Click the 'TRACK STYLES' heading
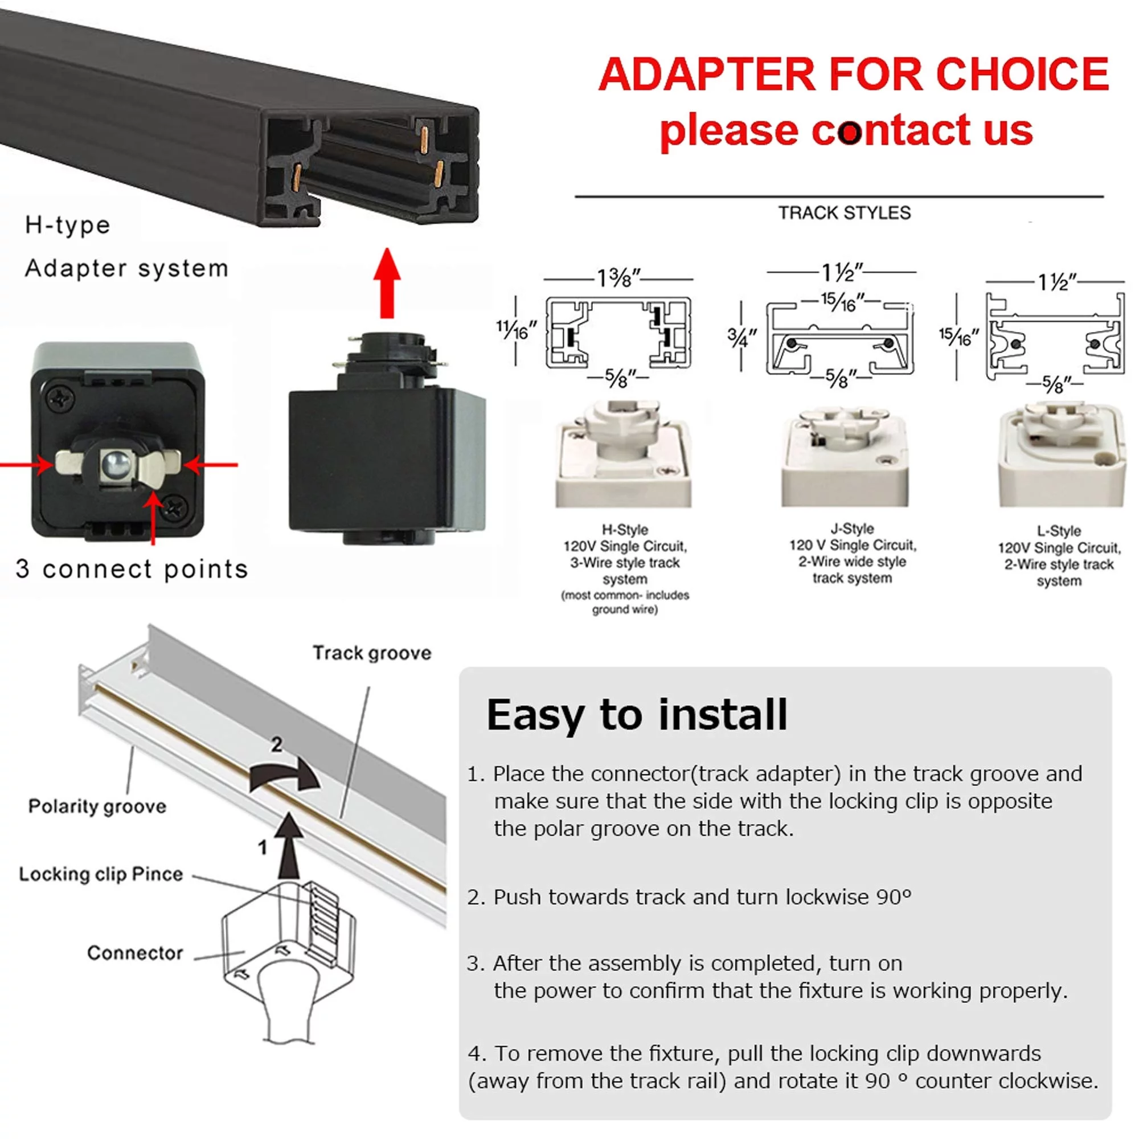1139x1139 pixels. (843, 213)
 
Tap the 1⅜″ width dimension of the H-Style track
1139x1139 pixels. (618, 278)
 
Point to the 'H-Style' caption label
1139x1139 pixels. (624, 529)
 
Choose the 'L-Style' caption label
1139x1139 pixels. (1059, 530)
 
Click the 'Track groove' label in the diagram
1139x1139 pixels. (371, 653)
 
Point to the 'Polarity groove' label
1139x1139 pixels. (97, 805)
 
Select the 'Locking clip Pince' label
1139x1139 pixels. (101, 873)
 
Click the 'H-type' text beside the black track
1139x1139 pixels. (67, 225)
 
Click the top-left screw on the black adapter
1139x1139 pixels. (60, 400)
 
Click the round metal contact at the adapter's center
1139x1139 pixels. (113, 463)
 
